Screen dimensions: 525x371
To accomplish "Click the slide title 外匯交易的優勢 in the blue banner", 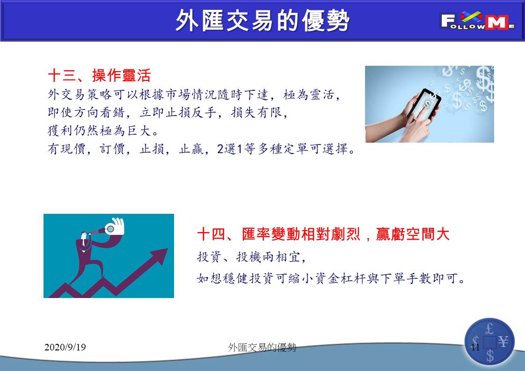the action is click(262, 21).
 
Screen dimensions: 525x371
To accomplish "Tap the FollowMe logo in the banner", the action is click(477, 21).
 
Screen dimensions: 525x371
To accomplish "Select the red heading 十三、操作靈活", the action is click(99, 75).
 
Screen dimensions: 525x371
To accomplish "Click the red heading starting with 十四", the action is click(323, 234).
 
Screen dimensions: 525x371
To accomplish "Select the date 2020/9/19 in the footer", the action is click(65, 347).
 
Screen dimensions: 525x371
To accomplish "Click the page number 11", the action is click(475, 347).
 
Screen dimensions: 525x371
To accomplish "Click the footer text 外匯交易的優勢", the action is click(262, 348).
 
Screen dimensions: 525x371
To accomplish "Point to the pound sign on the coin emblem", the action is click(489, 329).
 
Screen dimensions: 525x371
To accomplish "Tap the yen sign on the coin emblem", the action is click(503, 342).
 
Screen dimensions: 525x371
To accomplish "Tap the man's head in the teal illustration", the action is click(84, 235).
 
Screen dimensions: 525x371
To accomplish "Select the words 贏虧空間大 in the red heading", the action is click(413, 234).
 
